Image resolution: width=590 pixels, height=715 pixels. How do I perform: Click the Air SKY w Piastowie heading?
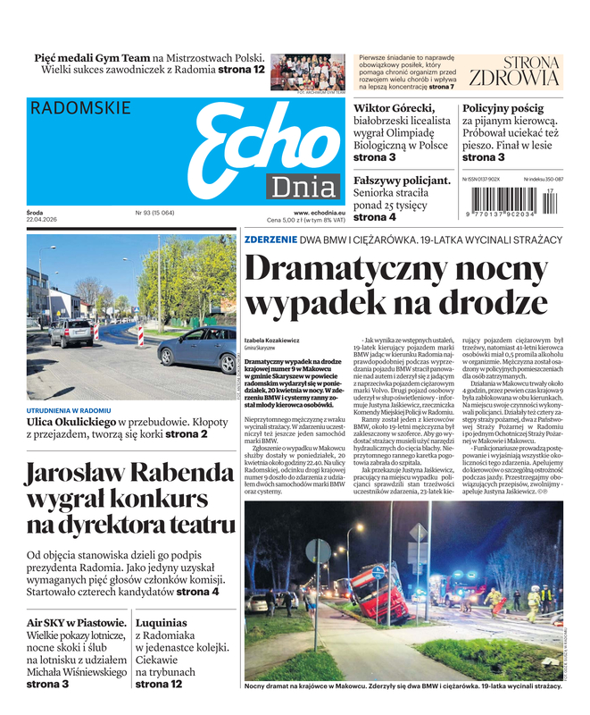pyautogui.click(x=76, y=623)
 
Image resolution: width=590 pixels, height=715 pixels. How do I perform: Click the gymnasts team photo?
pyautogui.click(x=307, y=71)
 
